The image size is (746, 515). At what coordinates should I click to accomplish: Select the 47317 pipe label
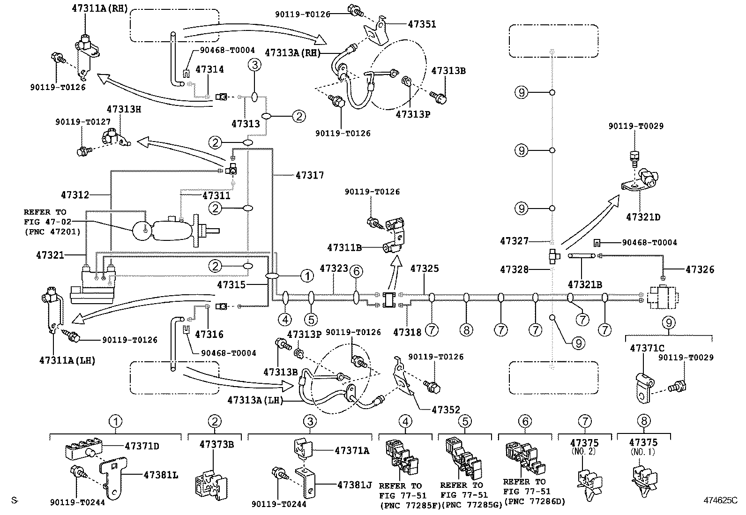(x=310, y=175)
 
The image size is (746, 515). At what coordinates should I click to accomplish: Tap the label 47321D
(x=643, y=217)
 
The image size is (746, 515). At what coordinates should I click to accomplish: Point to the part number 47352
(x=446, y=410)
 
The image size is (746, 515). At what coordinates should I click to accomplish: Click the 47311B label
(x=344, y=247)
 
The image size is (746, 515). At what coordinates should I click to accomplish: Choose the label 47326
(x=700, y=269)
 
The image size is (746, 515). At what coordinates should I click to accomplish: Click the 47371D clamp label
(x=142, y=446)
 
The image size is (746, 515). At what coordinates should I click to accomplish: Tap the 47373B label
(x=216, y=444)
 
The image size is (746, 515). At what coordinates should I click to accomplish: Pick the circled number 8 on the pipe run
(x=466, y=330)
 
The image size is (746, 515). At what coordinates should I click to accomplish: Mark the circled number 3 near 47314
(x=254, y=65)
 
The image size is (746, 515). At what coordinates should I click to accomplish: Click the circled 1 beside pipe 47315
(x=307, y=276)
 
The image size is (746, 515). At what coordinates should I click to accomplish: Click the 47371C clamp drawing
(x=646, y=387)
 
